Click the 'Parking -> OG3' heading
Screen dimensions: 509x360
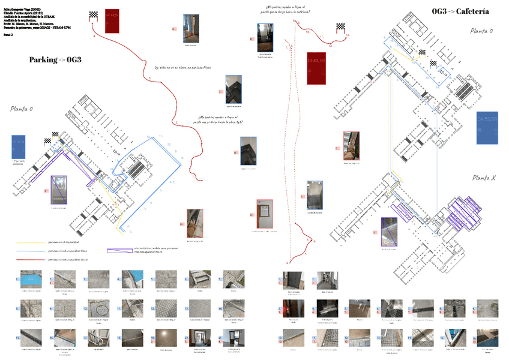(55, 59)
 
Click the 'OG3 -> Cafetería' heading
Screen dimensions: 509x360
(460, 11)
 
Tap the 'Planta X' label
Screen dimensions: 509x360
(484, 178)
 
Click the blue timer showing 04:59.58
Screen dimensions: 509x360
(487, 127)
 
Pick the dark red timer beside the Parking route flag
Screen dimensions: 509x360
(112, 21)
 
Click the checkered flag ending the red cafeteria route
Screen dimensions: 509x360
(341, 26)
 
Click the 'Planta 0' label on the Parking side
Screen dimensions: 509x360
(22, 109)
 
